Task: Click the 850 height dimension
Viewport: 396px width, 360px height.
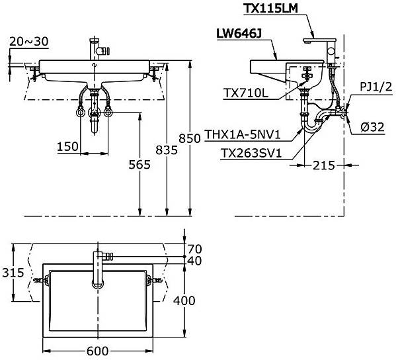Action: click(x=190, y=138)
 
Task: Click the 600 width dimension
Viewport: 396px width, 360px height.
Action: click(x=98, y=351)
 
